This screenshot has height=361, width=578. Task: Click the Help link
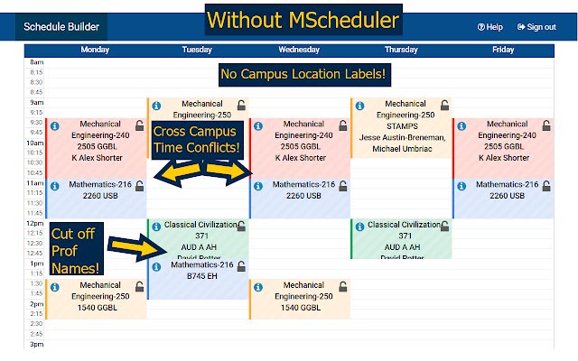coord(489,27)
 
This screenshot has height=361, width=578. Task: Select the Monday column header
coord(95,51)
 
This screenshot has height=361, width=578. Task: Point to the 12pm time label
coord(36,223)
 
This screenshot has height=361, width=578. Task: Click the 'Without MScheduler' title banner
coord(301,19)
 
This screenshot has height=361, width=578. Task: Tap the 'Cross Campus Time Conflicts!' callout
coord(196,139)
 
